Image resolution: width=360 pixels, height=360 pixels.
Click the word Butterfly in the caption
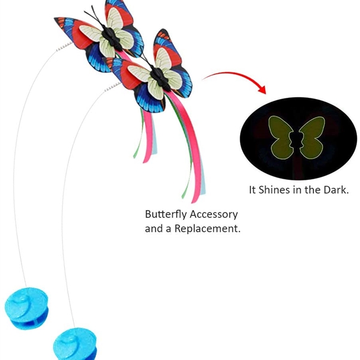pos(166,214)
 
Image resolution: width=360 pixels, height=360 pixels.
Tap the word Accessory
pos(214,214)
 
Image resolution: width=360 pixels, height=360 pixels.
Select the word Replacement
pos(208,229)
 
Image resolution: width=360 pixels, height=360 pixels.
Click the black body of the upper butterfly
pos(112,37)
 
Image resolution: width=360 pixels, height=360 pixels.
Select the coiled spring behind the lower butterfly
pos(113,87)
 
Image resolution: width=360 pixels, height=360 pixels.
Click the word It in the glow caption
pos(253,190)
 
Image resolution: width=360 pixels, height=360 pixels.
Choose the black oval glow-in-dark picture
pos(298,139)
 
